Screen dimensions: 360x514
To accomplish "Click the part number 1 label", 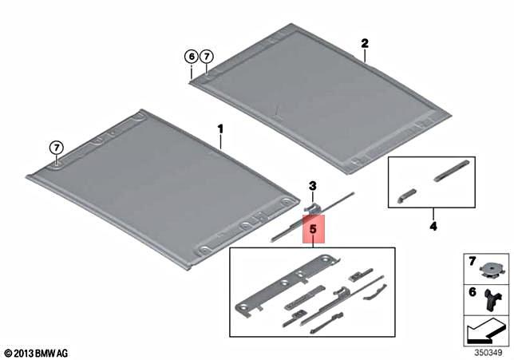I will point(221,129).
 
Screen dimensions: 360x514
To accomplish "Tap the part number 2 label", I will point(364,43).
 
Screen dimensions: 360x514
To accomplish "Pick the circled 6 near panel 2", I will point(191,57).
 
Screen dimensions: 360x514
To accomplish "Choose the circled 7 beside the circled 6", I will point(207,57).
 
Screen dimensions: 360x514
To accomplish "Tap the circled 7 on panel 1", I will point(57,148).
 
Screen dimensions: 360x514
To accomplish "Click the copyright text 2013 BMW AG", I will point(38,351).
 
